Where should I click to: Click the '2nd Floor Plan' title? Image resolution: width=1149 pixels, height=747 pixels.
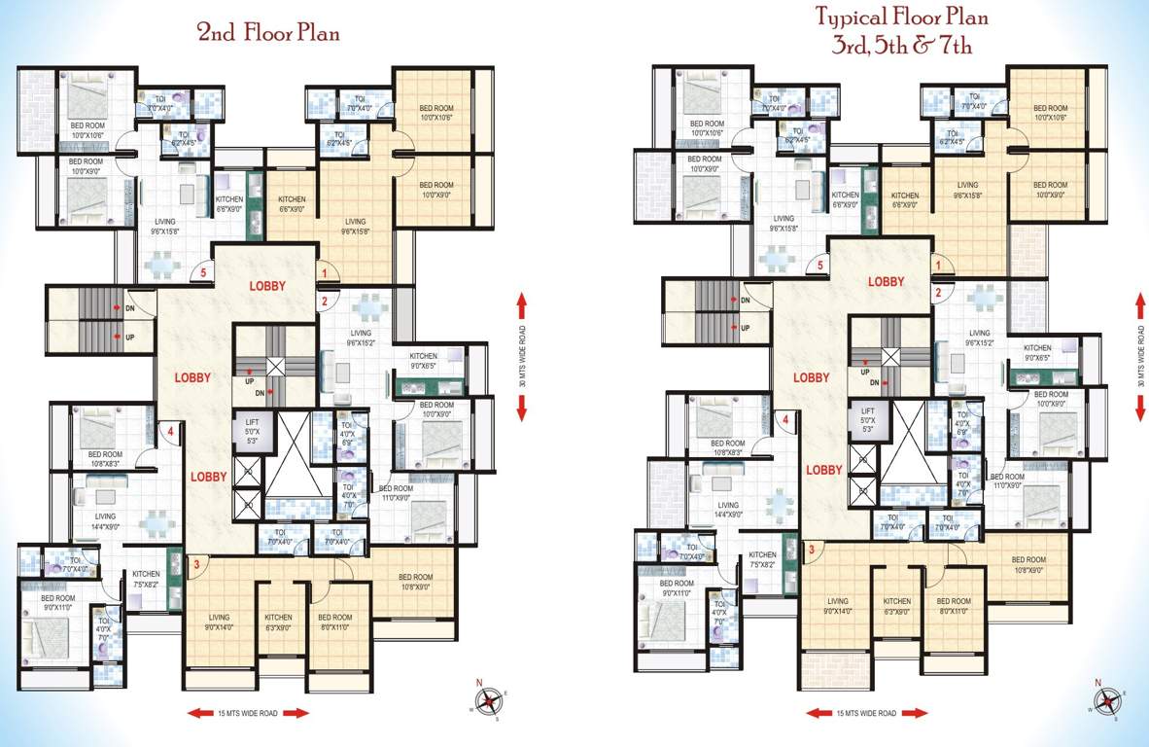point(268,33)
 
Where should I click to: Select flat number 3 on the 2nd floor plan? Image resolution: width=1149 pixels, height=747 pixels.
point(196,563)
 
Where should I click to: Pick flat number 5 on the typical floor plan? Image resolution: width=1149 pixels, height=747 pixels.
point(820,265)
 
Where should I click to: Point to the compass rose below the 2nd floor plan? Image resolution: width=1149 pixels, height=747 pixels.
point(488,702)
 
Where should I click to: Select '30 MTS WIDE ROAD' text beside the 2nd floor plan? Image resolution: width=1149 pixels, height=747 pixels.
point(521,356)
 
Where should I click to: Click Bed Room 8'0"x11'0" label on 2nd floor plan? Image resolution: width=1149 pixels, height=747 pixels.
point(335,622)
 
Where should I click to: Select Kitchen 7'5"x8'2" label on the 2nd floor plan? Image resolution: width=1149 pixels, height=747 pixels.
point(146,579)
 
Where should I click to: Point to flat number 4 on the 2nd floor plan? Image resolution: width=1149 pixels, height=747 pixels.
point(169,431)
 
